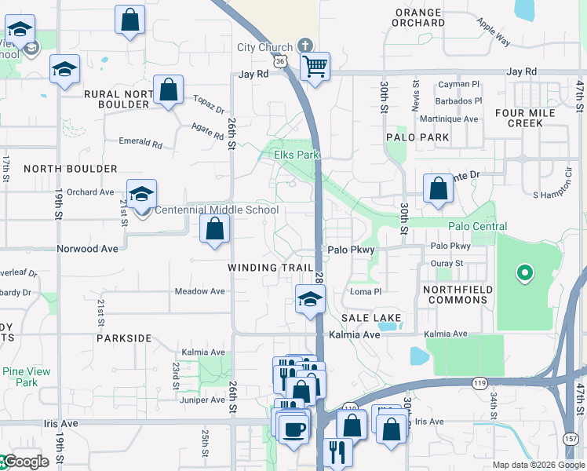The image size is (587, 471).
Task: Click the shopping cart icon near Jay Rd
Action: tap(315, 66)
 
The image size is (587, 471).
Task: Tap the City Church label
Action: tap(264, 47)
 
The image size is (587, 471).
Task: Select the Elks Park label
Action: tap(296, 155)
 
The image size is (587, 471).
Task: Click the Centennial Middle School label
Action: tap(216, 210)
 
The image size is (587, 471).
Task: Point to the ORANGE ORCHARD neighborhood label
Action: tap(419, 17)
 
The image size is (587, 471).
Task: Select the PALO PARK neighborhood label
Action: tap(417, 137)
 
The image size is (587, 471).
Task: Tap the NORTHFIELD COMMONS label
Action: tap(458, 295)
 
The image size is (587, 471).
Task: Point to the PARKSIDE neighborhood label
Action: tap(124, 338)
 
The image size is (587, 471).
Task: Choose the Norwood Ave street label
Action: tap(87, 249)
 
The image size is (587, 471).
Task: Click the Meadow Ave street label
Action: tap(199, 291)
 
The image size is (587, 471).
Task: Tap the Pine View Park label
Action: tap(26, 377)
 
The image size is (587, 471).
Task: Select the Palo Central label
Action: tap(477, 226)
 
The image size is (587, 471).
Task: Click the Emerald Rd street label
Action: tap(140, 144)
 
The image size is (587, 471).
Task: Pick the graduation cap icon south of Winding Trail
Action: tap(311, 299)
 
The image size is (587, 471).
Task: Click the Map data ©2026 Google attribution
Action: tap(539, 465)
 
